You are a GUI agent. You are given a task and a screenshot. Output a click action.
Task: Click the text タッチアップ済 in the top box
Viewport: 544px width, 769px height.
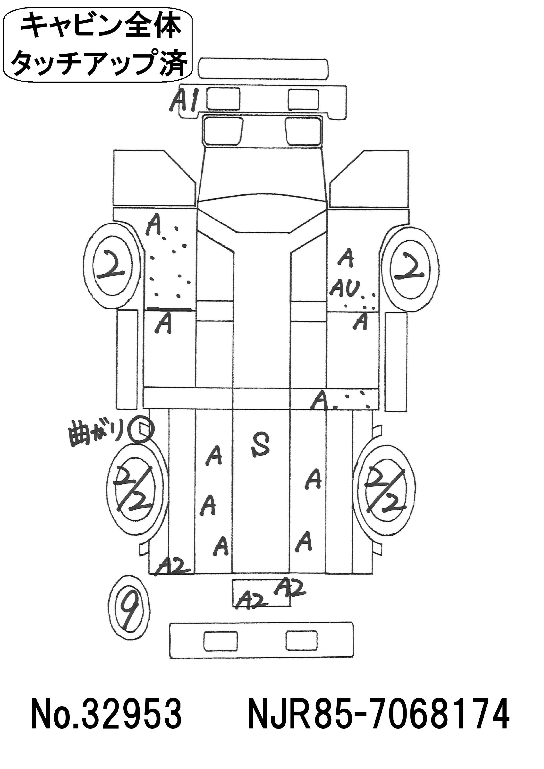point(99,62)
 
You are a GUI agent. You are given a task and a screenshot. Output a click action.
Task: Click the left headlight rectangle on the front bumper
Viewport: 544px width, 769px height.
point(223,99)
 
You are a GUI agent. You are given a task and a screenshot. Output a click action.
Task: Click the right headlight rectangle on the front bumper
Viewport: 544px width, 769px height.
point(304,99)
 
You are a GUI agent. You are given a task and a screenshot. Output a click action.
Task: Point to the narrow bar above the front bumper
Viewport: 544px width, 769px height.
point(263,69)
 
